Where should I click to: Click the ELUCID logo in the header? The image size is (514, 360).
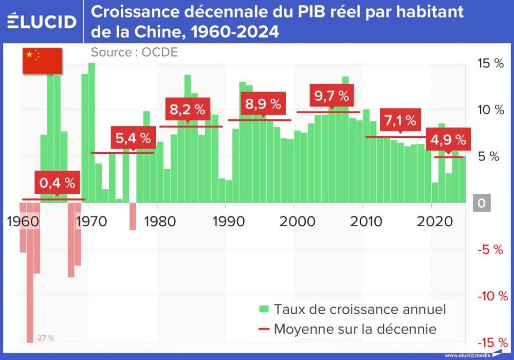[42, 22]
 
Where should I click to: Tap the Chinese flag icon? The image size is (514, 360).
[41, 60]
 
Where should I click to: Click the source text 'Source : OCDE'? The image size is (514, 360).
[134, 52]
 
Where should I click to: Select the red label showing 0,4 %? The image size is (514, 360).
[57, 182]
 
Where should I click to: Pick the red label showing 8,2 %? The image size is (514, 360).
[187, 110]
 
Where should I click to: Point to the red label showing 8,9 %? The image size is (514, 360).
[263, 104]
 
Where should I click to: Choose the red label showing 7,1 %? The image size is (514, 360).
[399, 120]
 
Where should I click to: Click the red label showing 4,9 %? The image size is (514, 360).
[448, 139]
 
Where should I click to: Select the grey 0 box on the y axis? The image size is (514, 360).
[481, 204]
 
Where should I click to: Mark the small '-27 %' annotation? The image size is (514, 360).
[45, 338]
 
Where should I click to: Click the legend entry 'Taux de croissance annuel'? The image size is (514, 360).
[352, 309]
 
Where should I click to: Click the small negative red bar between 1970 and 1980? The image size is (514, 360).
[133, 216]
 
